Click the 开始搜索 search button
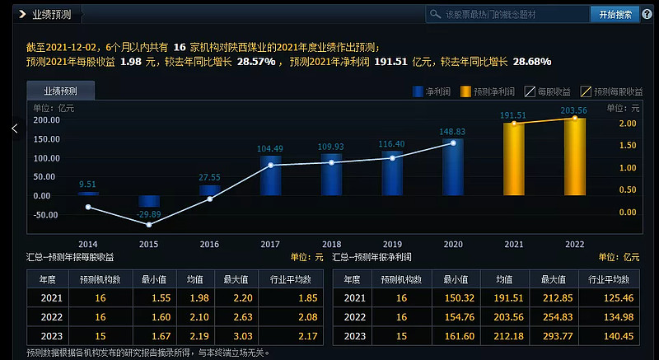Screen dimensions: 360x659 click(615, 14)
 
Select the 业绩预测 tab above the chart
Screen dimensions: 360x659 click(60, 91)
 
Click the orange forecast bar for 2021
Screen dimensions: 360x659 click(513, 158)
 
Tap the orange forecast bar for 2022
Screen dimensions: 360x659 click(574, 157)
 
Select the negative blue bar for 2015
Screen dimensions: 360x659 click(149, 201)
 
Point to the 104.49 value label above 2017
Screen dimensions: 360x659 click(270, 149)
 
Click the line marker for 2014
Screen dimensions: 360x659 click(88, 207)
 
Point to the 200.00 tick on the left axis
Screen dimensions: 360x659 click(45, 120)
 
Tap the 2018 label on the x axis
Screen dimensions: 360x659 click(331, 245)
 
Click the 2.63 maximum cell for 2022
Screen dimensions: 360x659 click(230, 317)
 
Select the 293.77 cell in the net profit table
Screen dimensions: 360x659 click(555, 336)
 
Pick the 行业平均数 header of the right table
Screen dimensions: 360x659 click(609, 279)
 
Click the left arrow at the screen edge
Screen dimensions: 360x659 click(14, 129)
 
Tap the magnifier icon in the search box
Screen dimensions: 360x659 click(436, 14)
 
